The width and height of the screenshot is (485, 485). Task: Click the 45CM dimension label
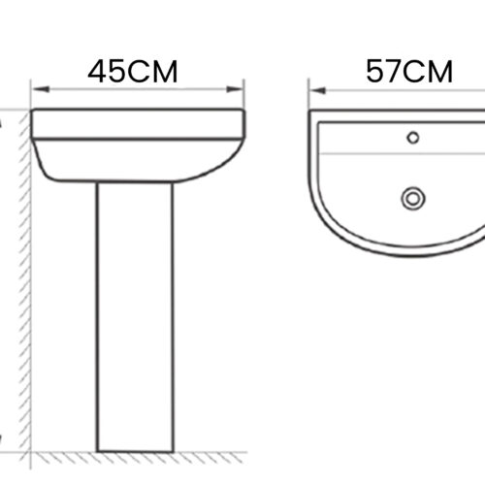(133, 71)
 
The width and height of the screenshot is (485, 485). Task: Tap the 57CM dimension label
(409, 71)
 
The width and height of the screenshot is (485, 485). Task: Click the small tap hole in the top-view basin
(413, 137)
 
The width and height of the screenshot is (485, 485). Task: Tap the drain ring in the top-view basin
(413, 198)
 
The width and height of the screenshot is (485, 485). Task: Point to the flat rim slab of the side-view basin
(137, 124)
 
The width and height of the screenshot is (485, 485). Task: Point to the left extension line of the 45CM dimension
(33, 97)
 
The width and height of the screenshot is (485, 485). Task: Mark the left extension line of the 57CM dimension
(309, 97)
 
